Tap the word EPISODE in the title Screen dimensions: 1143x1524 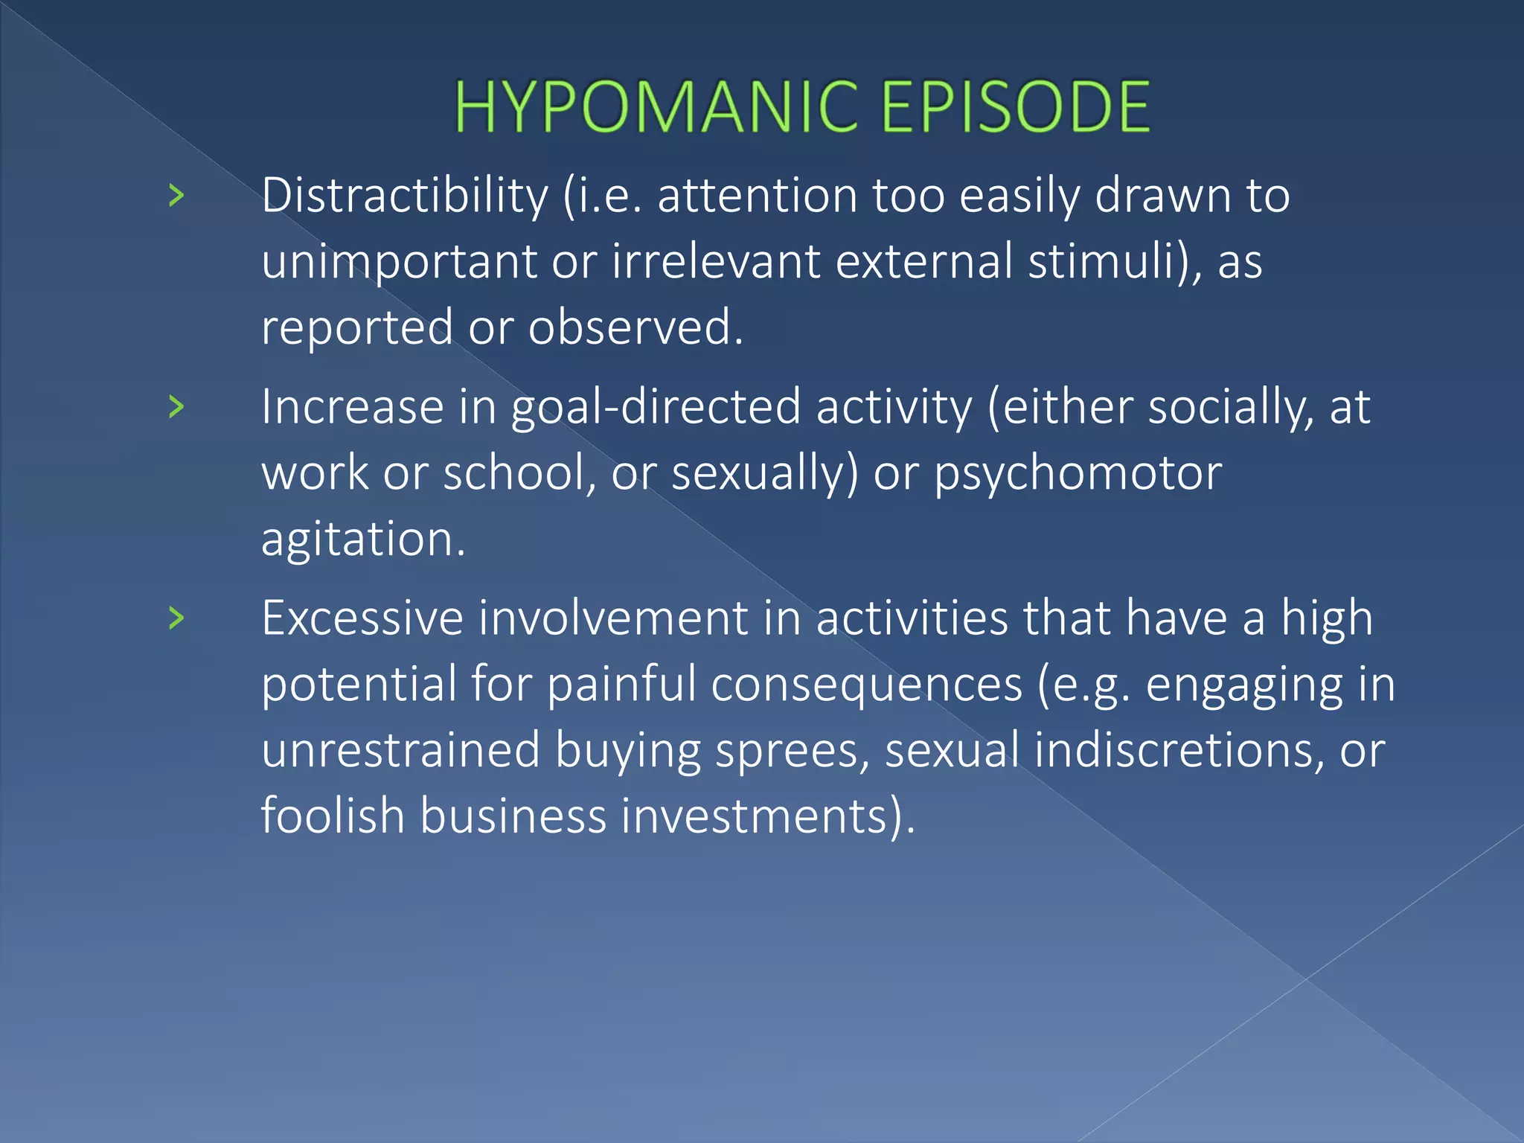(1016, 107)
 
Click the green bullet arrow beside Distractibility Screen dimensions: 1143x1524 (176, 196)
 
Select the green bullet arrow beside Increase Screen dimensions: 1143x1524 (176, 406)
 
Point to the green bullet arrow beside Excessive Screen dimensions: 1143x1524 (176, 618)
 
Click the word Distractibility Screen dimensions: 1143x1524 (405, 196)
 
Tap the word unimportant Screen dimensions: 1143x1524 (399, 262)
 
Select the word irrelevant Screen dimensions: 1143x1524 (716, 262)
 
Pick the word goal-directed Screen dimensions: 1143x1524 (656, 408)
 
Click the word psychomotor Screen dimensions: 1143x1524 (1078, 473)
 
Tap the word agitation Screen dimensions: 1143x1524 (362, 539)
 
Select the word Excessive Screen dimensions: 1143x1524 (362, 618)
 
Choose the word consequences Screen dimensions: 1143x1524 (866, 684)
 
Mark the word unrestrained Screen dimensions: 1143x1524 (400, 749)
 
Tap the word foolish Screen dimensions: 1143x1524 (333, 815)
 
